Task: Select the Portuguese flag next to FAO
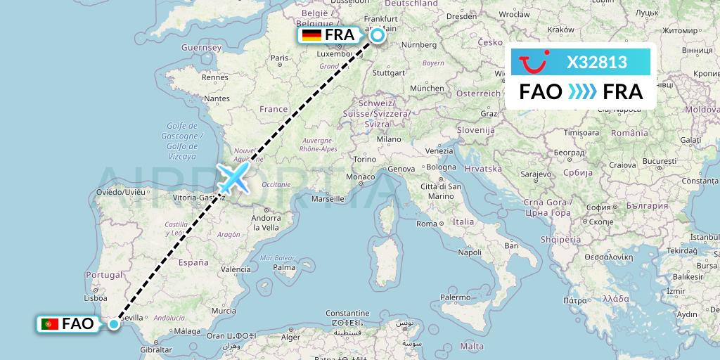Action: (49, 324)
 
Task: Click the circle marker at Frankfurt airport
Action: (378, 35)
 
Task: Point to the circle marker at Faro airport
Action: (113, 323)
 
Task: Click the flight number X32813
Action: (597, 63)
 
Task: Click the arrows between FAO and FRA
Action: (581, 92)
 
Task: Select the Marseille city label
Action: (328, 199)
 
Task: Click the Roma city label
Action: (427, 224)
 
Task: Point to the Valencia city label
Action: (236, 269)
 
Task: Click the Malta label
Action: (473, 346)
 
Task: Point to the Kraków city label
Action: (560, 30)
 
